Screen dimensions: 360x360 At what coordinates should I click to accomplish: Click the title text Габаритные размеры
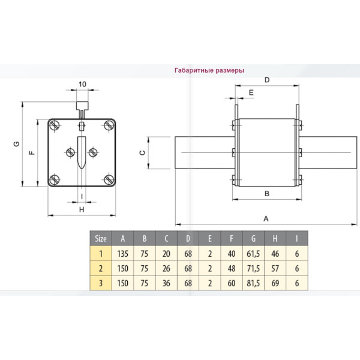tap(209, 70)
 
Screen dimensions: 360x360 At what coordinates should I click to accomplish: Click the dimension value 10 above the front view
tap(82, 85)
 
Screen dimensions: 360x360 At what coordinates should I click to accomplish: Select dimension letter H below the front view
tap(81, 209)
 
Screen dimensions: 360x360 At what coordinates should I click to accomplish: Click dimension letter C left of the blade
tap(142, 153)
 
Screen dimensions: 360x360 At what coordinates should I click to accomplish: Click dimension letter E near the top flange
tap(251, 92)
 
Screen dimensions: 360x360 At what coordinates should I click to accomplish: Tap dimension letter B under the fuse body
tap(266, 193)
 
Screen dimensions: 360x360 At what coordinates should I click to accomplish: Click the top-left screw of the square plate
tap(54, 125)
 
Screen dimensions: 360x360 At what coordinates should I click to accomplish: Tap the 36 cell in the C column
tap(166, 283)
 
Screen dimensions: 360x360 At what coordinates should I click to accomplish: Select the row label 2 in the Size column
tap(101, 268)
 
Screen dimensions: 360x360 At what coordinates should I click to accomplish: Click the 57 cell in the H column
tap(275, 268)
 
